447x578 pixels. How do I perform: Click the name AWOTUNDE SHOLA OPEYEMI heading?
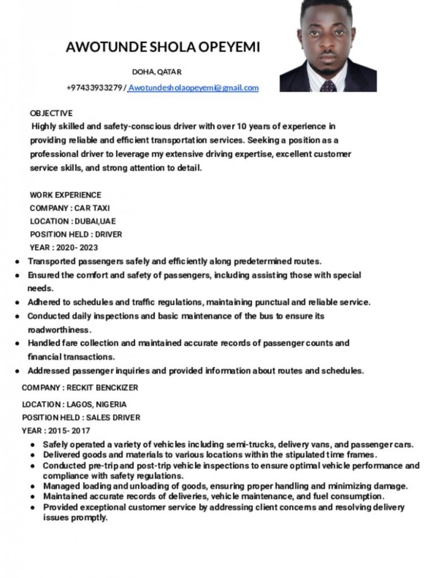point(162,47)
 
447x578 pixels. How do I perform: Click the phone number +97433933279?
point(94,88)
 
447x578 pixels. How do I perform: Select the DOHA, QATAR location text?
point(157,72)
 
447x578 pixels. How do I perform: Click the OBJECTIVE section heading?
point(51,113)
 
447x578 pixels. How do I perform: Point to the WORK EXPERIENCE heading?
point(65,195)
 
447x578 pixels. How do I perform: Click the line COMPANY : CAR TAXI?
point(69,208)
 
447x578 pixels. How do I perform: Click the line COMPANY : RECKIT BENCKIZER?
point(80,387)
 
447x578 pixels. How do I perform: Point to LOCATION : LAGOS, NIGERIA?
point(74,404)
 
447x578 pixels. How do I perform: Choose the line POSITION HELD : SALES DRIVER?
point(81,417)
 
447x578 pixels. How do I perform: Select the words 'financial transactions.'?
point(71,356)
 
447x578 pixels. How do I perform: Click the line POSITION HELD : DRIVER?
point(76,235)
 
